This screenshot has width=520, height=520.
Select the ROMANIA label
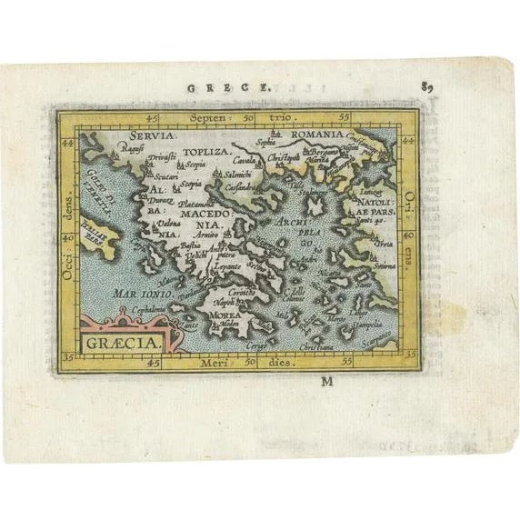315,134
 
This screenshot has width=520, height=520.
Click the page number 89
426,87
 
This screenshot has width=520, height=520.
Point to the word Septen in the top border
205,118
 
